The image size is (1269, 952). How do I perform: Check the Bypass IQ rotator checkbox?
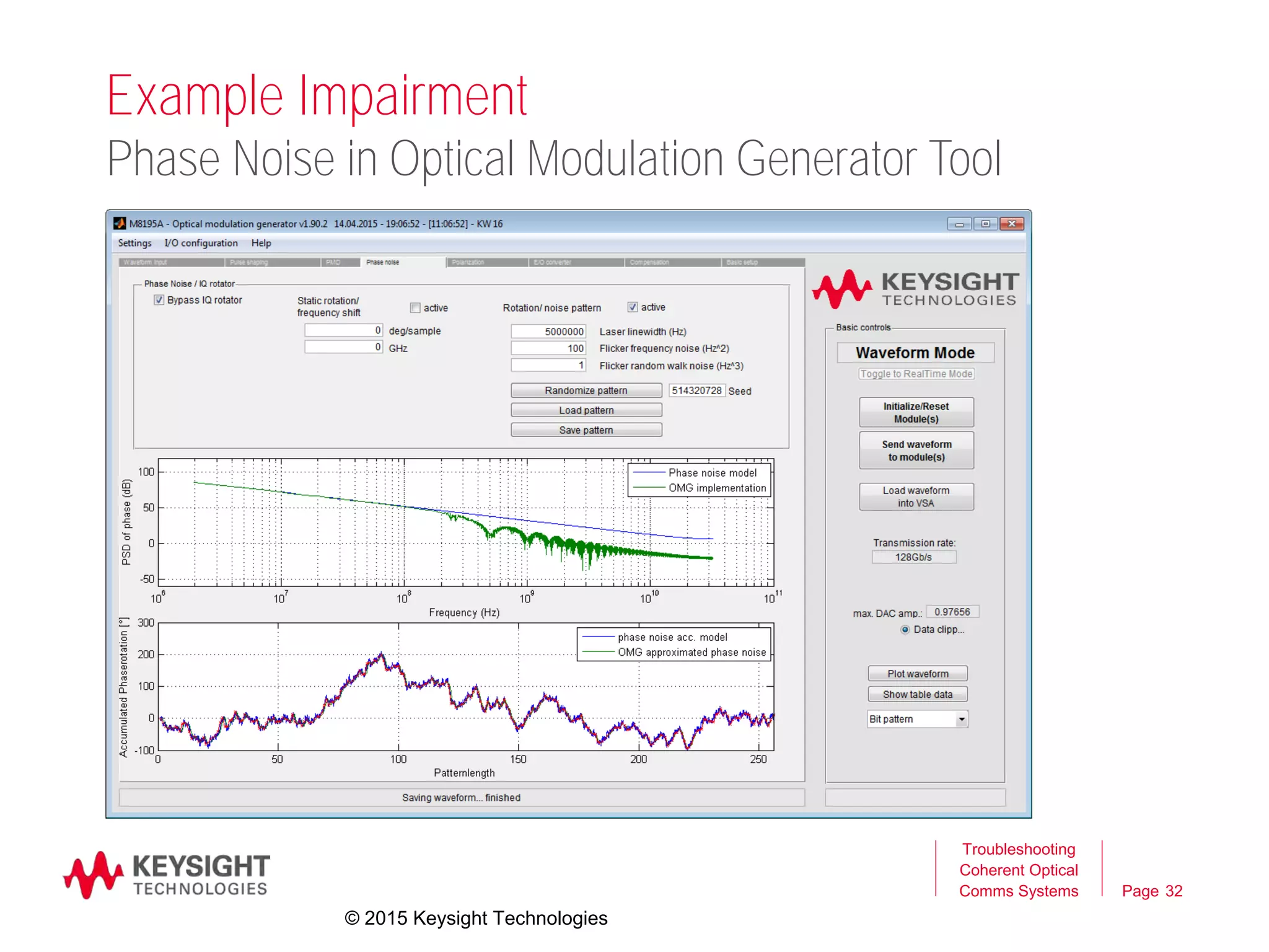tap(159, 300)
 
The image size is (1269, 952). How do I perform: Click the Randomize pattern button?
tap(586, 390)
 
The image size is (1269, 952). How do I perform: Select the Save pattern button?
tap(586, 430)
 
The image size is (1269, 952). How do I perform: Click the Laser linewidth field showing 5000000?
tap(548, 332)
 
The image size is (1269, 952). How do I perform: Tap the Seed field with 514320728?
tap(696, 390)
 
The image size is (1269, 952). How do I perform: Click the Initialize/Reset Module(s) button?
tap(916, 413)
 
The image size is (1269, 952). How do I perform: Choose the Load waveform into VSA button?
tap(916, 497)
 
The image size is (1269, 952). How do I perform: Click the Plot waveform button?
tap(917, 674)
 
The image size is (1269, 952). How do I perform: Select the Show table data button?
tap(917, 695)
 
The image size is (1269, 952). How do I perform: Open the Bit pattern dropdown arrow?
tap(961, 720)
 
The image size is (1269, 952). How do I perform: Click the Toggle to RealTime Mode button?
tap(916, 374)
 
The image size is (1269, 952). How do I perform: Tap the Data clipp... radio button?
tap(905, 630)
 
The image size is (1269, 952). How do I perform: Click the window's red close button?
tap(1012, 224)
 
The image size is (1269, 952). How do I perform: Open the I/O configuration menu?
tap(201, 243)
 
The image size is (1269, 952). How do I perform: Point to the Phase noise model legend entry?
tap(712, 473)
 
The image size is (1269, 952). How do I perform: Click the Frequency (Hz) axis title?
tap(464, 613)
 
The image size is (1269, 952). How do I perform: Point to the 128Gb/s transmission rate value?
tap(913, 557)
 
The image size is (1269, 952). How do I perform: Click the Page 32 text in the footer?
tap(1152, 891)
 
